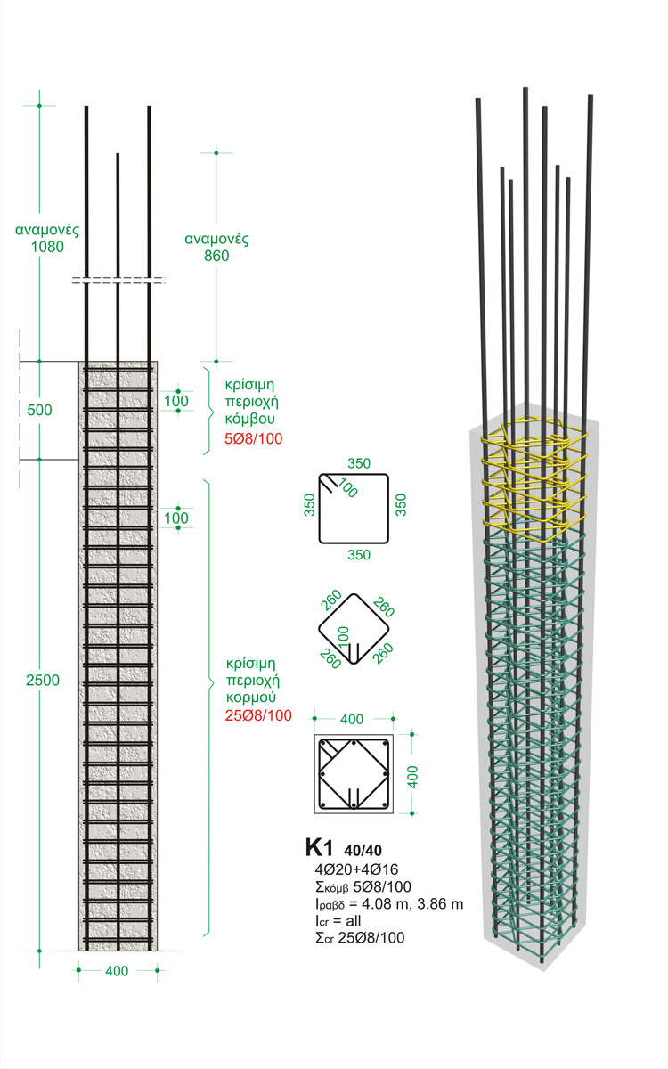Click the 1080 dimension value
pos(45,247)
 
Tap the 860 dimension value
pos(216,256)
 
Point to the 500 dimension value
pos(39,411)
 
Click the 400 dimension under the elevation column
pos(117,970)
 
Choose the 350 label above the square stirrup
pos(359,464)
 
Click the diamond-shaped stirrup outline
pos(354,628)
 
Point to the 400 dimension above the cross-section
pos(354,718)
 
